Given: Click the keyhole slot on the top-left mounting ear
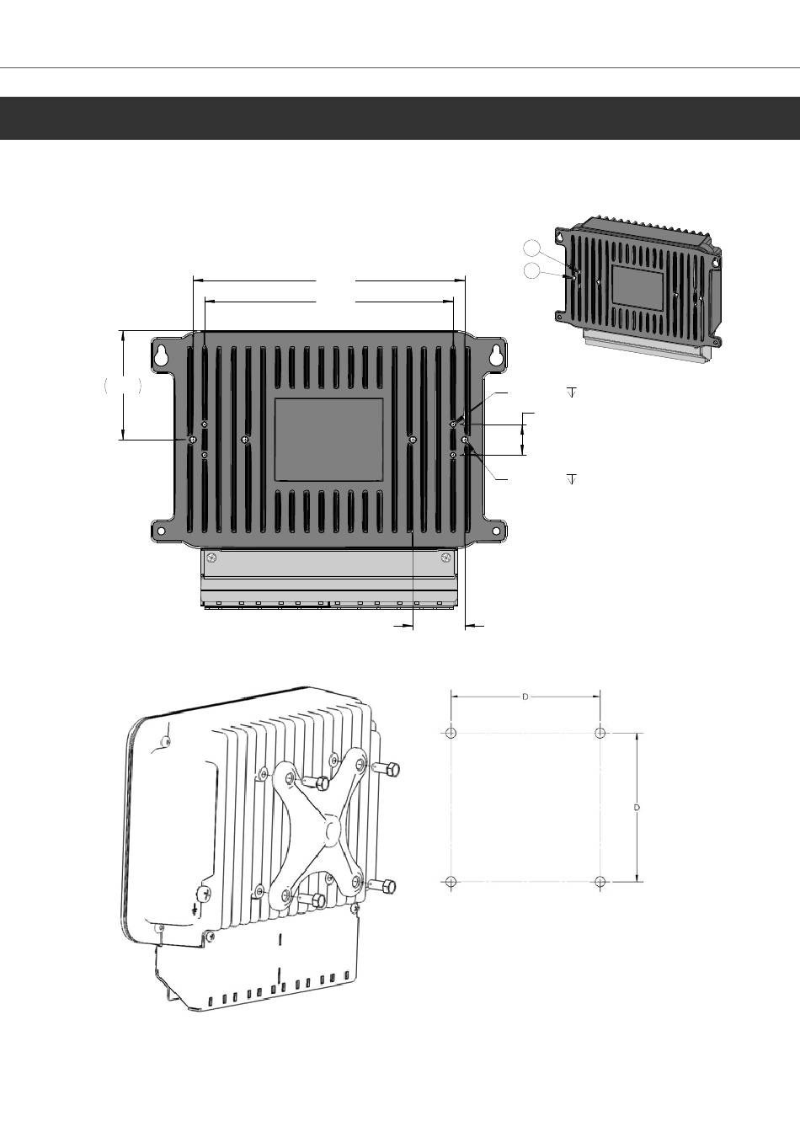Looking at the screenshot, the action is coord(161,355).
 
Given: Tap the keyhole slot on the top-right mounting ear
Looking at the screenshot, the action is coord(498,355).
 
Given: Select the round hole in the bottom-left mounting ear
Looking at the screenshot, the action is coord(161,531).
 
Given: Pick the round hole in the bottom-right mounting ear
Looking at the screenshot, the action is coord(498,531).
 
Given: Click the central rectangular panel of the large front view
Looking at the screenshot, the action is coord(328,440).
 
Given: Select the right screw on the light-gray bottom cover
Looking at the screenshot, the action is coord(445,558).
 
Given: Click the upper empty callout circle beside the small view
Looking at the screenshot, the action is coord(531,248).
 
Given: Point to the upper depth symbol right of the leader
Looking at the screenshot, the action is coord(572,392).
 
